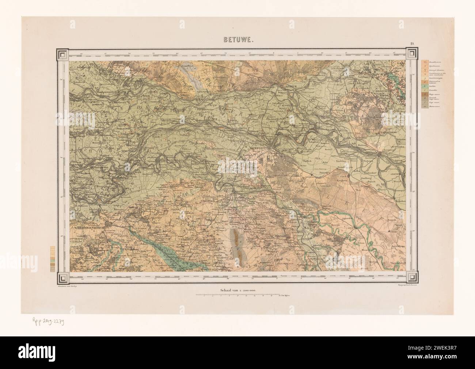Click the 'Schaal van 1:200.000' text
(x=238, y=290)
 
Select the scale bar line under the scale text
(x=237, y=294)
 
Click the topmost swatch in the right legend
(x=425, y=63)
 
